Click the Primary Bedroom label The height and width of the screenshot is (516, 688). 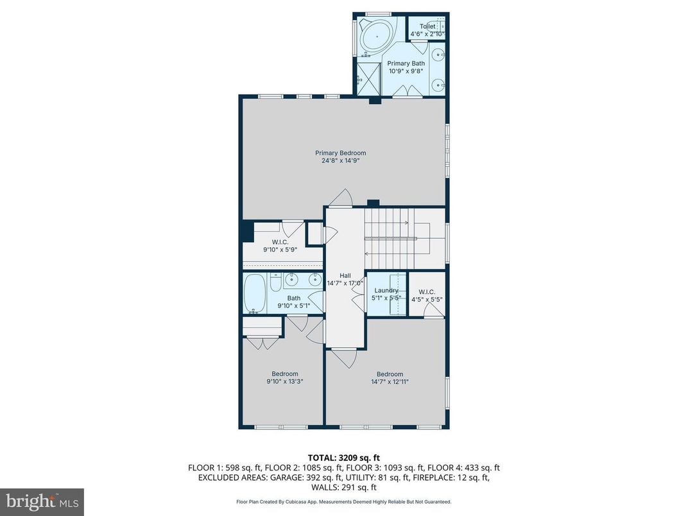click(340, 153)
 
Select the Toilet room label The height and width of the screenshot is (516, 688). click(427, 26)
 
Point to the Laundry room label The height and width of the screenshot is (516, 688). click(386, 290)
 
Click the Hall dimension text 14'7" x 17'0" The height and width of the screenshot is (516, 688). click(345, 283)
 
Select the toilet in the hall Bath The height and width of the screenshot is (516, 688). click(274, 282)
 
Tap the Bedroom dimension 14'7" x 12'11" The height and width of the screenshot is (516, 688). click(390, 382)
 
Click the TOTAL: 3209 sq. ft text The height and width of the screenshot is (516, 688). click(343, 458)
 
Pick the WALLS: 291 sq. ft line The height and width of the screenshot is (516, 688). click(343, 488)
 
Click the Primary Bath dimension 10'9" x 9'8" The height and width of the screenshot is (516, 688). click(406, 71)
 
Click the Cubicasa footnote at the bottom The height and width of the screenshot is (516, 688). click(343, 502)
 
